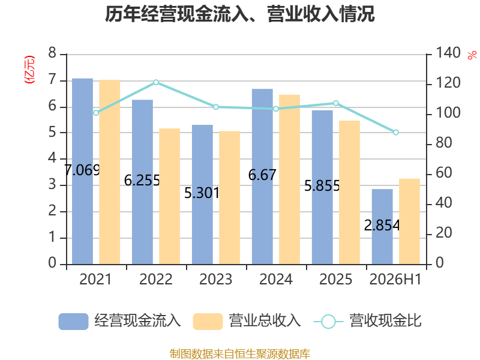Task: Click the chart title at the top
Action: coord(239,14)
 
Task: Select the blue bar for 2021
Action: coord(82,172)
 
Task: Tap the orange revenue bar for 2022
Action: coord(170,196)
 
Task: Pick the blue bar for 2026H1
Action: coord(382,227)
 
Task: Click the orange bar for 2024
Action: coord(290,179)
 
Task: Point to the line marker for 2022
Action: coord(156,82)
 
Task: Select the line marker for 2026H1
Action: coord(396,133)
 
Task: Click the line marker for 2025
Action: coord(336,103)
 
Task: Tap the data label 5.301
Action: coord(202,193)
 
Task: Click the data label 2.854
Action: coord(382,226)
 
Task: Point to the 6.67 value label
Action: coord(262,175)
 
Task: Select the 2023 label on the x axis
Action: coord(216,279)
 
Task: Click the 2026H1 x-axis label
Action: coord(395,279)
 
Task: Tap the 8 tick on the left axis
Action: coord(52,53)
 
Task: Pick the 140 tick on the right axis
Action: coord(448,53)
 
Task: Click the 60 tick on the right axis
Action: coord(443,173)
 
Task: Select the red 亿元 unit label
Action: coord(29,70)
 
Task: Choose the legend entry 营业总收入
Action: coord(247,321)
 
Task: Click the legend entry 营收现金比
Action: coord(368,321)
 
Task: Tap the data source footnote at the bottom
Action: coord(240,354)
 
